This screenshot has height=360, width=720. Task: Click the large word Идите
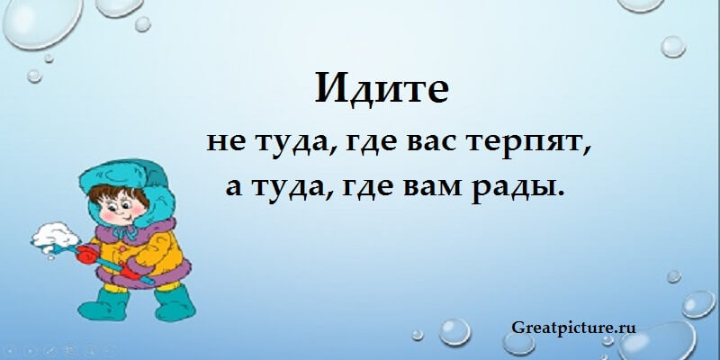pyautogui.click(x=382, y=87)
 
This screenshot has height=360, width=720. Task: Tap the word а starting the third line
pyautogui.click(x=234, y=188)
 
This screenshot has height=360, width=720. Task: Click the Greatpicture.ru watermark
pyautogui.click(x=573, y=328)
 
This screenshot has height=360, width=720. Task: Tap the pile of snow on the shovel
pyautogui.click(x=55, y=236)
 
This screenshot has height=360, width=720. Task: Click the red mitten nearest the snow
pyautogui.click(x=85, y=254)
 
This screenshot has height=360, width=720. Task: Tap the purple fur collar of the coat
pyautogui.click(x=138, y=229)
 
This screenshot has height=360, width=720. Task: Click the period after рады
pyautogui.click(x=559, y=194)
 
